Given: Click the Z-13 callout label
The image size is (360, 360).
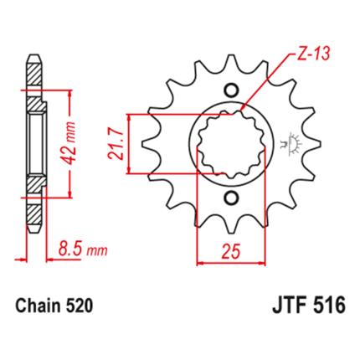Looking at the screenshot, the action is (x=313, y=53).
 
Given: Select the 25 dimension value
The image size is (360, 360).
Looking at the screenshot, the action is (x=231, y=251).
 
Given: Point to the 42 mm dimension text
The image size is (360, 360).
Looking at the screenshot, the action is (x=69, y=143).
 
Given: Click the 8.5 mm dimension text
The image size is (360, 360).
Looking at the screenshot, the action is (x=83, y=249).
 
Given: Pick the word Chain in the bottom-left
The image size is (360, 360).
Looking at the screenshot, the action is (x=39, y=306).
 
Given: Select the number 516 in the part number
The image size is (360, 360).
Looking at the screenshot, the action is (x=329, y=306).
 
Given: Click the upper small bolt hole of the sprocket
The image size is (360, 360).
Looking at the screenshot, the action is (x=231, y=90).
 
